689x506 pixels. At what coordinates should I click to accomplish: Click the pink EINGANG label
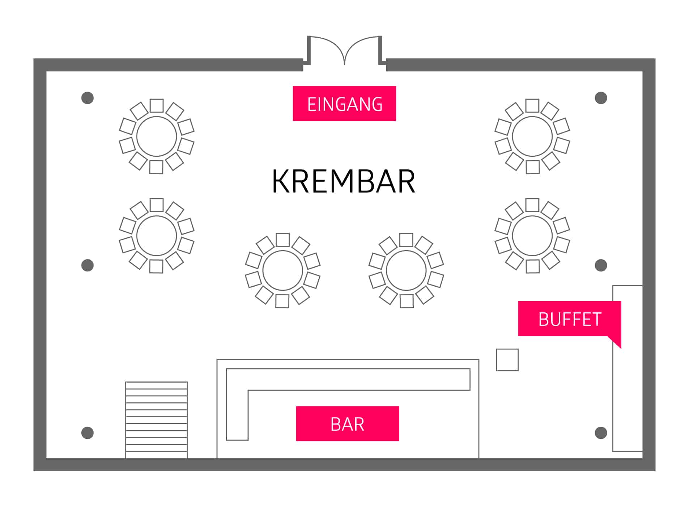[344, 104]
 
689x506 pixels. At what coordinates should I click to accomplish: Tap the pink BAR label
[347, 423]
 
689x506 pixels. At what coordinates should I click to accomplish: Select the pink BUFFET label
[569, 319]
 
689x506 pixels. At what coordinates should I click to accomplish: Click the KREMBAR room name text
[343, 181]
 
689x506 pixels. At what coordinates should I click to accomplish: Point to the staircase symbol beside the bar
[156, 420]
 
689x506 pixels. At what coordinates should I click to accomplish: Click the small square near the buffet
[507, 360]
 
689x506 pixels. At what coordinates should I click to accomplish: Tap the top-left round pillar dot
[88, 98]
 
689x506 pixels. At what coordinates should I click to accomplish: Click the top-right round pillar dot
[601, 98]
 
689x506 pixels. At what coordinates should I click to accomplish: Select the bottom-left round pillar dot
[88, 433]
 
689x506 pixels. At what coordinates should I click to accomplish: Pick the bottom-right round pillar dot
[601, 433]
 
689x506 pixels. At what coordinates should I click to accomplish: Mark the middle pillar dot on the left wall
[88, 265]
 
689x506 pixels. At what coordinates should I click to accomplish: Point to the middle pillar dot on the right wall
[601, 265]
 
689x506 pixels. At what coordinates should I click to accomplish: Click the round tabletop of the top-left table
[157, 136]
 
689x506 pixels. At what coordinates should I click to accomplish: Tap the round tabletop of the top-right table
[532, 136]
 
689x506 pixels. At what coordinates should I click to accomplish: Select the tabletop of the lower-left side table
[157, 236]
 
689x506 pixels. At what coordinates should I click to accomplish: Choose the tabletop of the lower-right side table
[532, 236]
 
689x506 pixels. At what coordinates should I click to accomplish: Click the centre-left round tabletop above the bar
[282, 270]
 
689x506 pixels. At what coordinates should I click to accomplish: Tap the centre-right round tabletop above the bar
[406, 270]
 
